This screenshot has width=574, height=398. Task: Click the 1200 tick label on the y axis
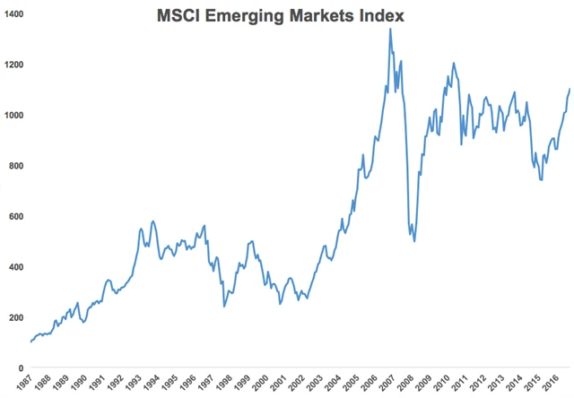click(x=14, y=65)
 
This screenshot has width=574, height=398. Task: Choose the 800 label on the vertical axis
click(x=17, y=167)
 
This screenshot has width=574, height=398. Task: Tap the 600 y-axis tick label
click(x=17, y=217)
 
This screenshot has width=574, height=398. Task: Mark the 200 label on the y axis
click(x=17, y=318)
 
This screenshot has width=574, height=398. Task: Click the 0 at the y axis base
click(x=21, y=368)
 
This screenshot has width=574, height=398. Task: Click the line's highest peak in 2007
click(x=390, y=29)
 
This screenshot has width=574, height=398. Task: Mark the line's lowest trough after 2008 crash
click(x=413, y=241)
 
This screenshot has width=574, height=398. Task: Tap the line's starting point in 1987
click(x=30, y=342)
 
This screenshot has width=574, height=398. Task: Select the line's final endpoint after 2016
click(x=570, y=89)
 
